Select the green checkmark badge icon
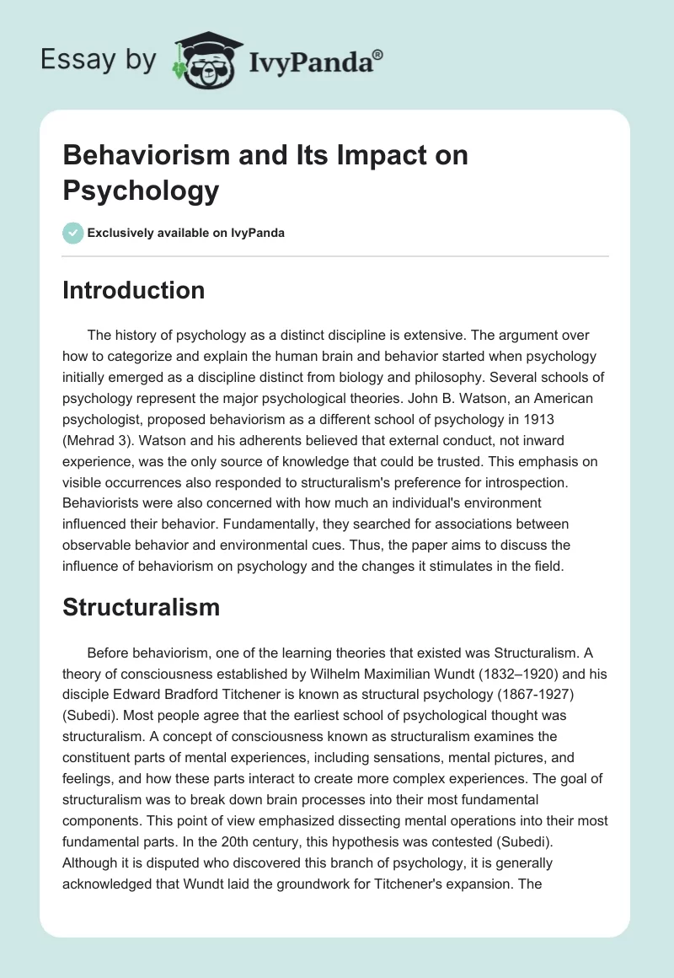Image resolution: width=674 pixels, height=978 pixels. (73, 233)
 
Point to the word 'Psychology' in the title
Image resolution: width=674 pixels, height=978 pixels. (141, 190)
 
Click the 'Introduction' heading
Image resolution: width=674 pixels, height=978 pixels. (134, 290)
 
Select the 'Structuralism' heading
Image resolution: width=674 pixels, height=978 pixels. (141, 607)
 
